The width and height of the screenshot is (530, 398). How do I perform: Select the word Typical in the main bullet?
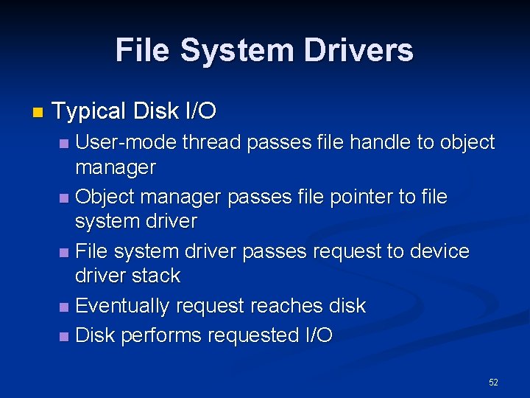[x=90, y=111]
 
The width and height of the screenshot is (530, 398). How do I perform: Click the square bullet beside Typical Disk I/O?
[x=38, y=113]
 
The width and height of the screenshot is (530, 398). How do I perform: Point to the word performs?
[x=161, y=335]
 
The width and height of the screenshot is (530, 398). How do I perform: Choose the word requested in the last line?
[x=252, y=335]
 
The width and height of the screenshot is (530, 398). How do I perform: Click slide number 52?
[x=493, y=382]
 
